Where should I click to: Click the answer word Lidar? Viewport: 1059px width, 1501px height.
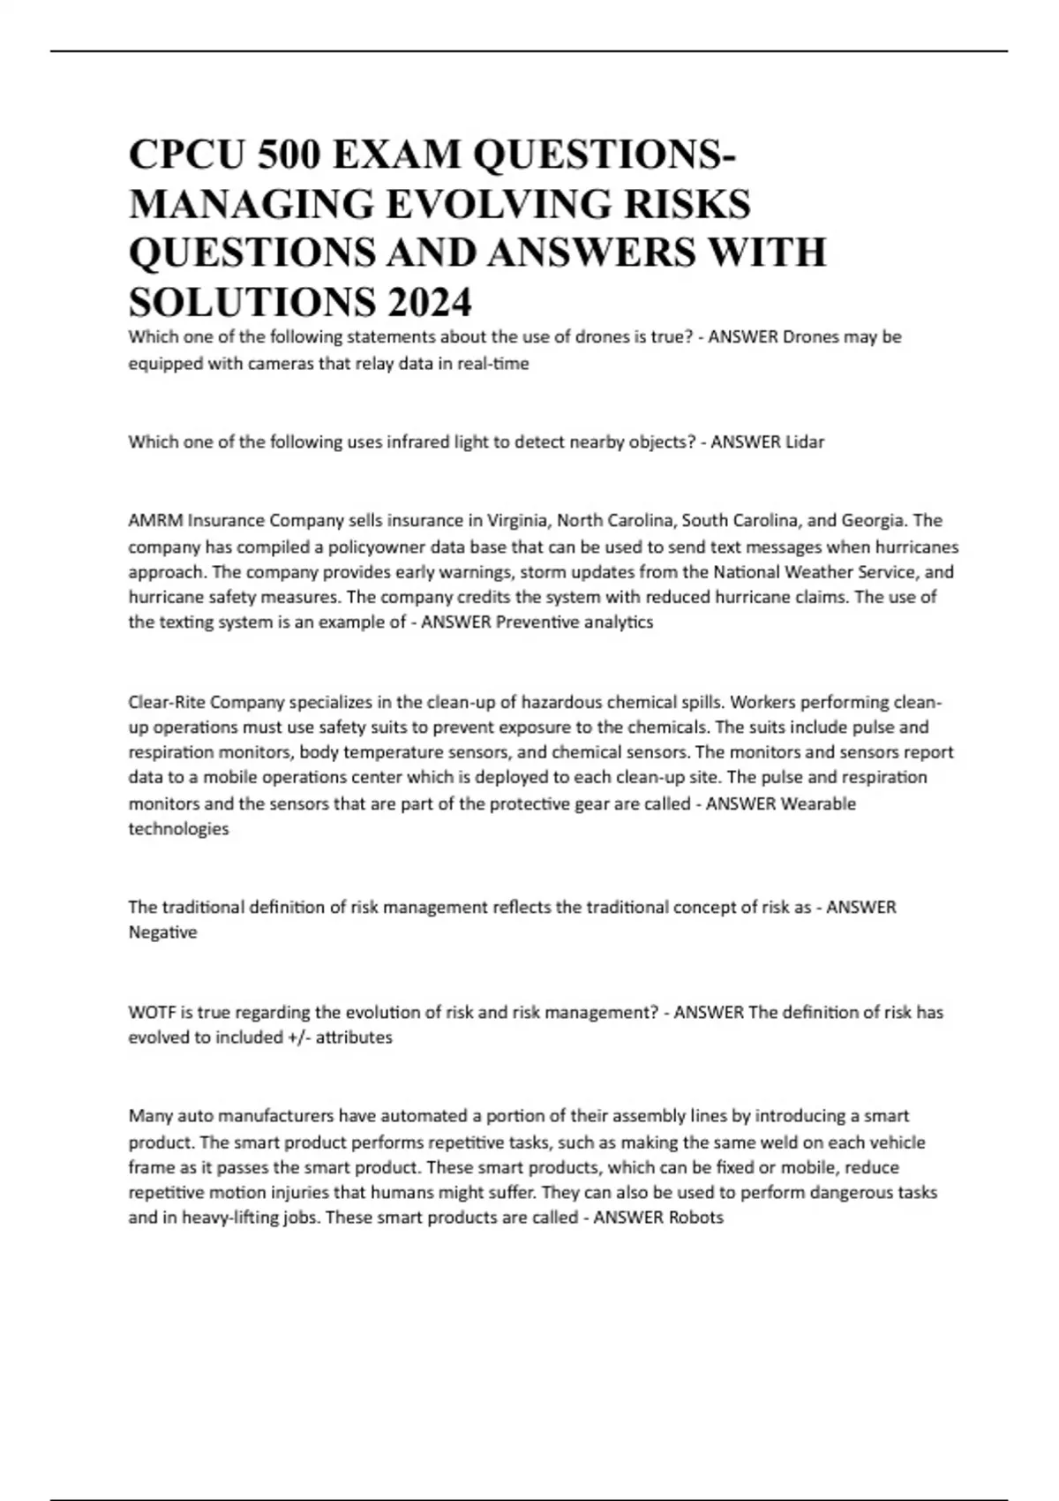pos(804,441)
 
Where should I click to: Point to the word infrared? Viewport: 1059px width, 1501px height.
pos(416,441)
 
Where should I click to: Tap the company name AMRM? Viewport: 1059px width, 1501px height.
pos(155,520)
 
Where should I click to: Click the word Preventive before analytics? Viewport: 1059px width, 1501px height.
pos(537,622)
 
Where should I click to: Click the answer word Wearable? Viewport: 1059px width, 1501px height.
pos(818,803)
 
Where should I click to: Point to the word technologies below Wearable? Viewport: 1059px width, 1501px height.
pos(178,829)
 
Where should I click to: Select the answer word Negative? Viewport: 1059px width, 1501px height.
pos(162,932)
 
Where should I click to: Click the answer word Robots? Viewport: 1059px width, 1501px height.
pos(695,1218)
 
